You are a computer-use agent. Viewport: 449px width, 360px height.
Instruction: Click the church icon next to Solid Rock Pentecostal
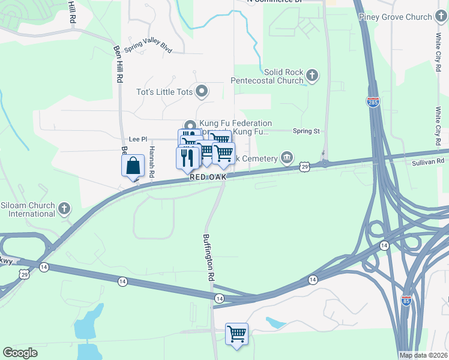(x=312, y=75)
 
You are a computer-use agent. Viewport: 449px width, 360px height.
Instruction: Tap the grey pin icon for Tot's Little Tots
(x=202, y=92)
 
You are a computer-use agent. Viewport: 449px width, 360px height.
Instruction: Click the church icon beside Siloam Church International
(x=65, y=209)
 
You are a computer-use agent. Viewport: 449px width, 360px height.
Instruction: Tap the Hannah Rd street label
(x=152, y=161)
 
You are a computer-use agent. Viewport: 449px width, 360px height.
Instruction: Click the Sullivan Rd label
(x=427, y=161)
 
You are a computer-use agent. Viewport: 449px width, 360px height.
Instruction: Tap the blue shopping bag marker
(x=133, y=166)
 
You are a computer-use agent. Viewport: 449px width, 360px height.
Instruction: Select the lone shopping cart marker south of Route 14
(x=237, y=333)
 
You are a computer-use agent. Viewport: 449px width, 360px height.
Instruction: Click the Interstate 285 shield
(x=373, y=101)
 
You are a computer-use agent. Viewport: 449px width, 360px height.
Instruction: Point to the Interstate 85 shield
(x=406, y=301)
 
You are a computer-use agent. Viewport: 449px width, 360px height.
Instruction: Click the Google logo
(x=20, y=353)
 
